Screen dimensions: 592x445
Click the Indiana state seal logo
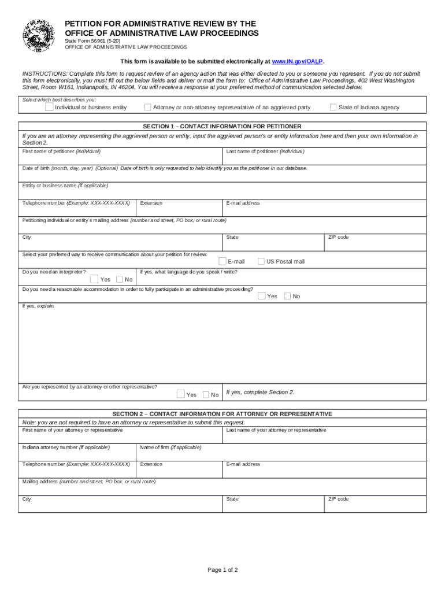click(x=39, y=35)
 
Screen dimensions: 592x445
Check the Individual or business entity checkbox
click(x=50, y=107)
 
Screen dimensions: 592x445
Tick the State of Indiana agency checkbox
click(x=333, y=107)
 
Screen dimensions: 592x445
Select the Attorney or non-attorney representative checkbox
click(x=148, y=107)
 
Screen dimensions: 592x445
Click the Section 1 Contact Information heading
click(x=222, y=126)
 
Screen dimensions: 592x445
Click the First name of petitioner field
click(x=120, y=158)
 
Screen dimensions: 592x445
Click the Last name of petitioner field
click(x=324, y=158)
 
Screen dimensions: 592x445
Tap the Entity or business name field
click(x=222, y=193)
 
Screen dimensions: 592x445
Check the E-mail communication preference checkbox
click(x=222, y=261)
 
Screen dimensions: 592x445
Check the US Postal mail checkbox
click(x=261, y=261)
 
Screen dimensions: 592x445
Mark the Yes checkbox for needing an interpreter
click(x=94, y=279)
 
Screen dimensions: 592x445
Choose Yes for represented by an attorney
click(x=181, y=394)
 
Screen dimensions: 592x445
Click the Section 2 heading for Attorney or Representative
click(x=222, y=414)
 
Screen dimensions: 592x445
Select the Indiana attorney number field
click(x=77, y=454)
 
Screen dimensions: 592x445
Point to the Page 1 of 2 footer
click(x=222, y=570)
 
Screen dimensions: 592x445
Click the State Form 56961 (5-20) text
click(x=92, y=41)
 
